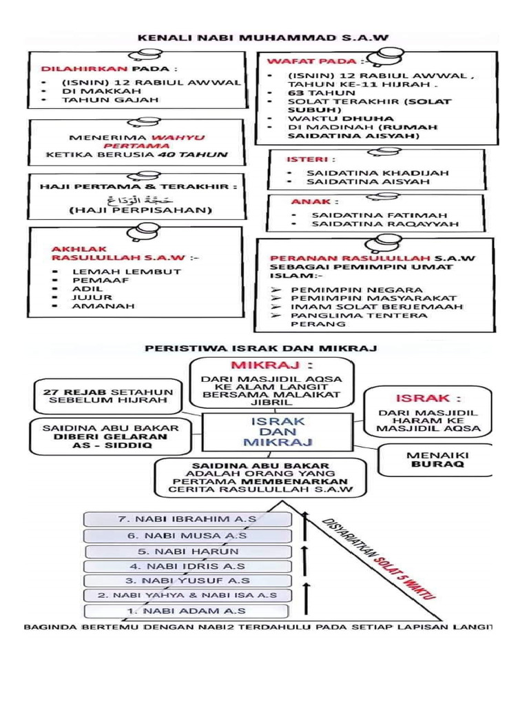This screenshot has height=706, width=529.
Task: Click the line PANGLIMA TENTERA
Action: coord(359,315)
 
